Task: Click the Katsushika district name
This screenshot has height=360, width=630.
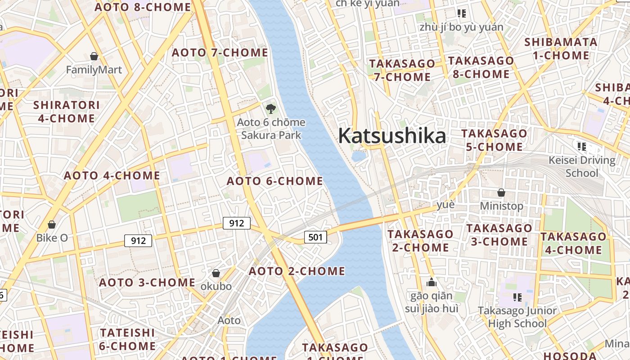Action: [392, 135]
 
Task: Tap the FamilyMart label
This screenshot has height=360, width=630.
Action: [94, 70]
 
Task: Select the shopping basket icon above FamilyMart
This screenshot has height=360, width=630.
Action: [94, 56]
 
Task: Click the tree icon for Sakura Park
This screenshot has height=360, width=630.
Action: [270, 108]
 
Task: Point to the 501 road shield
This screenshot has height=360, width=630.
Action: [315, 237]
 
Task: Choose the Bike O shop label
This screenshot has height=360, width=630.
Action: [52, 238]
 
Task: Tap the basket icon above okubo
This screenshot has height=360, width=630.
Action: [216, 273]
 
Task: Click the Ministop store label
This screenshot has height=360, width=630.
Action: [501, 206]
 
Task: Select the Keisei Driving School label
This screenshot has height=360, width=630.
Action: [582, 166]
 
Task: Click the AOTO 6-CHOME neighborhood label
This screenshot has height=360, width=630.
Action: [275, 181]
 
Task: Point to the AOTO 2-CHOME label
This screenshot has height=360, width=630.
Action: [297, 271]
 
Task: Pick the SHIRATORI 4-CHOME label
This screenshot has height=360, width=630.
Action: [67, 112]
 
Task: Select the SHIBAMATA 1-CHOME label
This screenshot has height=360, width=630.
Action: [561, 49]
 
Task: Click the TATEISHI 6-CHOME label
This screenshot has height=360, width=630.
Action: [128, 339]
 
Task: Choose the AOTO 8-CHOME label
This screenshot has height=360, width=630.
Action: [143, 7]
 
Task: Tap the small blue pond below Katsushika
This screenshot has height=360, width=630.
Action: [359, 156]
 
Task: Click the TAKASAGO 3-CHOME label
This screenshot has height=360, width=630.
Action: [499, 234]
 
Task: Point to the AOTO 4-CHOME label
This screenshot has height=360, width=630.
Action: [112, 175]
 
